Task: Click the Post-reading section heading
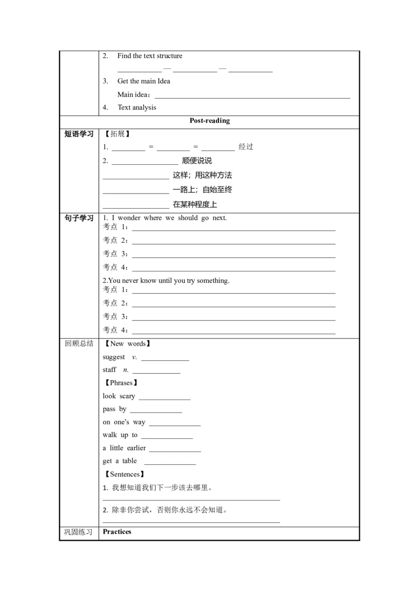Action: [x=210, y=120]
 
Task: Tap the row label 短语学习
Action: [x=79, y=134]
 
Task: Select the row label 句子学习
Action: [x=79, y=218]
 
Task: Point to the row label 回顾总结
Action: [x=79, y=343]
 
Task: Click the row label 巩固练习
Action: [x=78, y=532]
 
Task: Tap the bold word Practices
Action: [x=117, y=531]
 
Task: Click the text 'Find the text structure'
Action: [x=150, y=56]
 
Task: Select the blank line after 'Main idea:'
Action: [x=252, y=98]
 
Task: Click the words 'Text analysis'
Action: [x=137, y=108]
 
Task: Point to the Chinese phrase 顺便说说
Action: [x=196, y=161]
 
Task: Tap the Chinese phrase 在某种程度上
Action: [x=195, y=204]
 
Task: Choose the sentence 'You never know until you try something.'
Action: [x=169, y=280]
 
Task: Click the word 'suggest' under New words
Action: [x=114, y=357]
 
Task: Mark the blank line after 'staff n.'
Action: [x=156, y=373]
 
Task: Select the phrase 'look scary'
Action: [x=119, y=396]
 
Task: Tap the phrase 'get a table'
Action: [x=119, y=461]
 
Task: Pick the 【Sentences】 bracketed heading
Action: [x=124, y=474]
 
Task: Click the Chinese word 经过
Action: [x=246, y=147]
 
